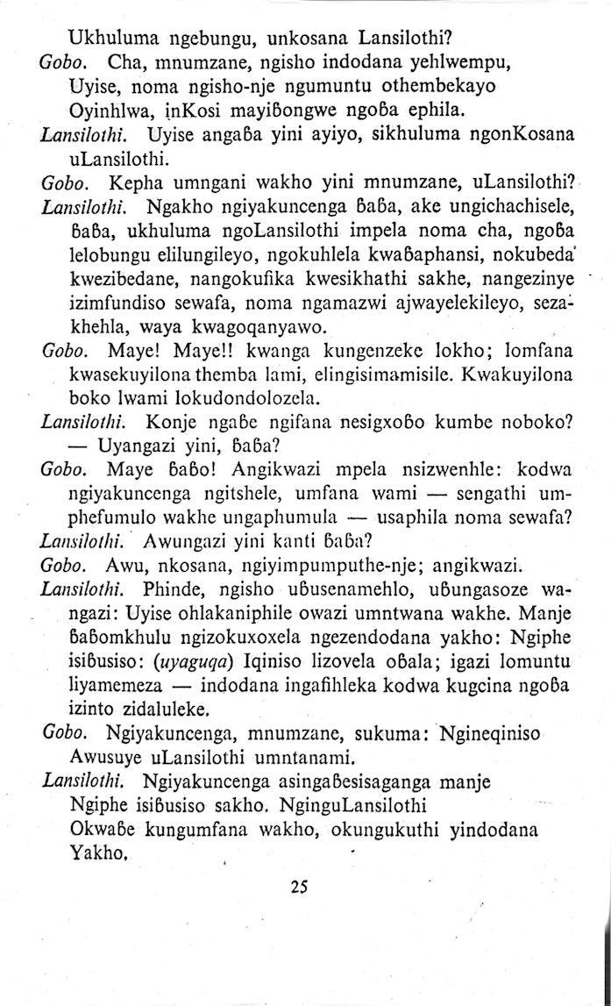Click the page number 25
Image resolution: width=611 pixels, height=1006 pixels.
(299, 886)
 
